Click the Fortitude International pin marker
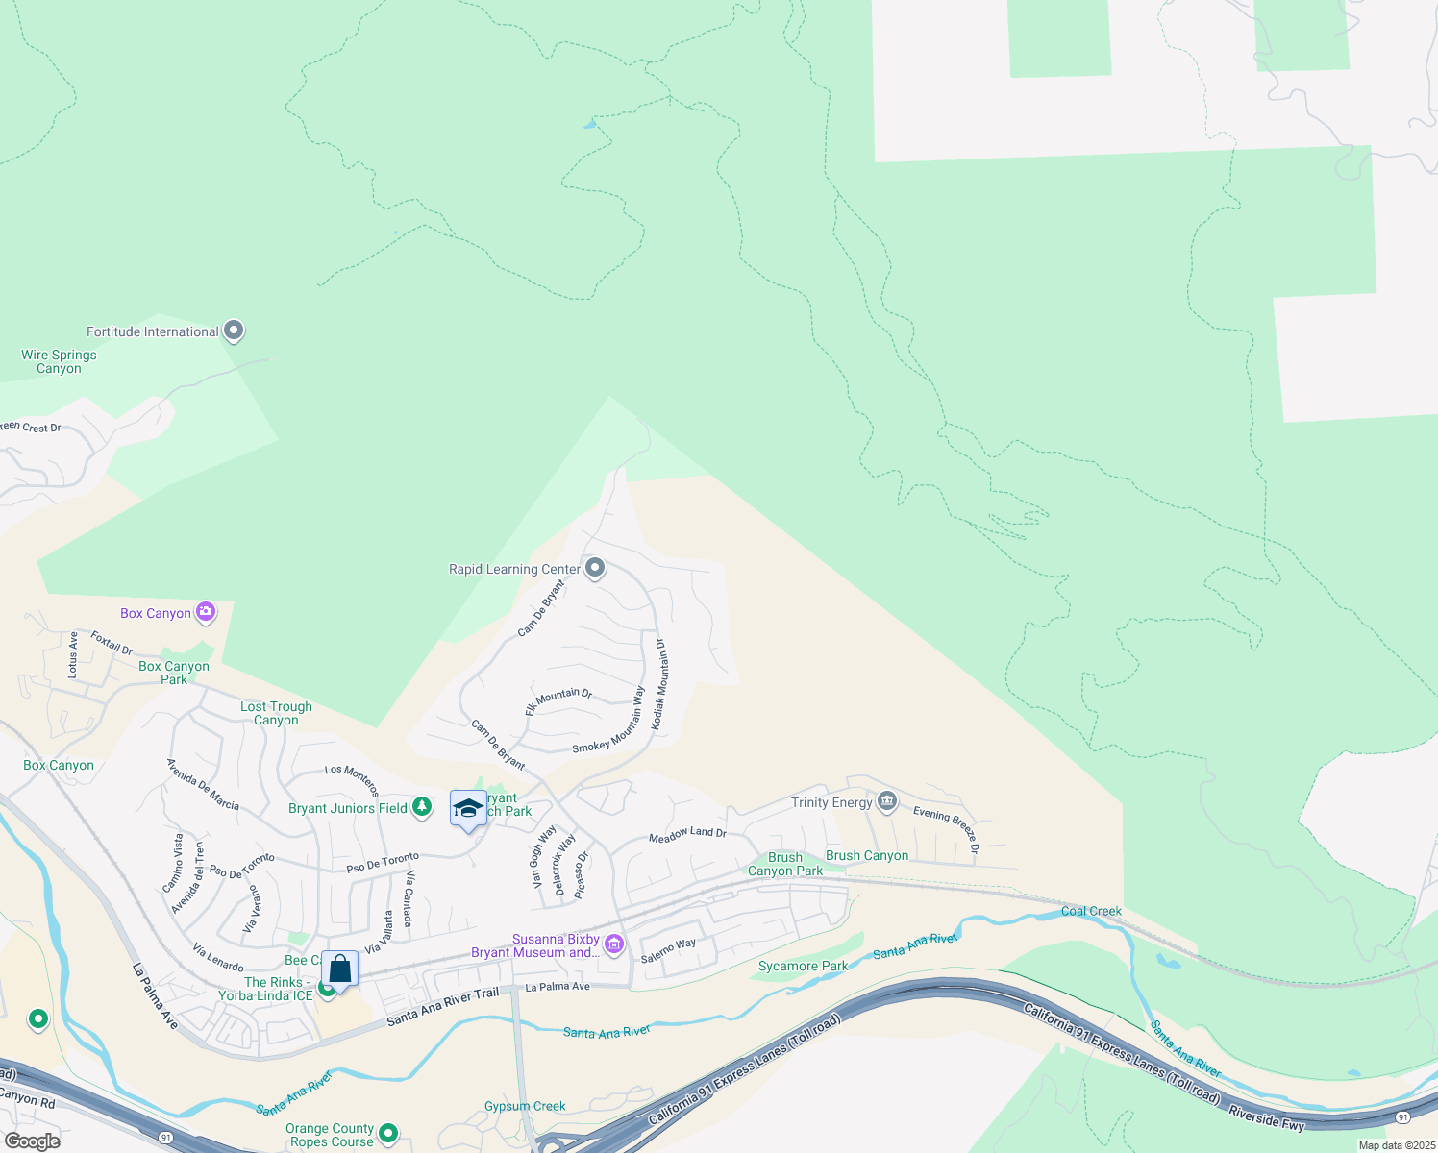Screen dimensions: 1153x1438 pyautogui.click(x=234, y=331)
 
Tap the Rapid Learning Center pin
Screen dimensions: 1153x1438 pyautogui.click(x=595, y=568)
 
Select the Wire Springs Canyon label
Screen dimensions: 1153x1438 pyautogui.click(x=59, y=361)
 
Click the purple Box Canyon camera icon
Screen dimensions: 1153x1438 pyautogui.click(x=205, y=612)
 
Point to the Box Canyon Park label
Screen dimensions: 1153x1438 pyautogui.click(x=174, y=673)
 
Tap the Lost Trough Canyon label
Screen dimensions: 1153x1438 pyautogui.click(x=276, y=713)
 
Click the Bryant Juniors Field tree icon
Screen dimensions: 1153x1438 pyautogui.click(x=422, y=807)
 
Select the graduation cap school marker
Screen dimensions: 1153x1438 pyautogui.click(x=468, y=808)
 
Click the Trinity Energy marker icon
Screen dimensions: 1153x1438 pyautogui.click(x=886, y=801)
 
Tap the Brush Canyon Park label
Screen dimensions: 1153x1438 pyautogui.click(x=785, y=864)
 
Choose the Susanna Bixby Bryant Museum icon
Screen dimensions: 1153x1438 pyautogui.click(x=614, y=944)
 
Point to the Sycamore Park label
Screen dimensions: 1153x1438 pyautogui.click(x=804, y=966)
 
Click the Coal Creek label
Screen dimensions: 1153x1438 pyautogui.click(x=1091, y=911)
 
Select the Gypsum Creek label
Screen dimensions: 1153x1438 pyautogui.click(x=525, y=1106)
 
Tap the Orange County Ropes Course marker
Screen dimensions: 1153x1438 pyautogui.click(x=388, y=1134)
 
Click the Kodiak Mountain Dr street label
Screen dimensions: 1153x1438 pyautogui.click(x=659, y=684)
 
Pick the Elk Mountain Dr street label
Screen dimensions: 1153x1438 pyautogui.click(x=558, y=700)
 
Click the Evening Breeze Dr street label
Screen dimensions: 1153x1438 pyautogui.click(x=947, y=828)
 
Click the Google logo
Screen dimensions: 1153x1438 pyautogui.click(x=32, y=1141)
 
